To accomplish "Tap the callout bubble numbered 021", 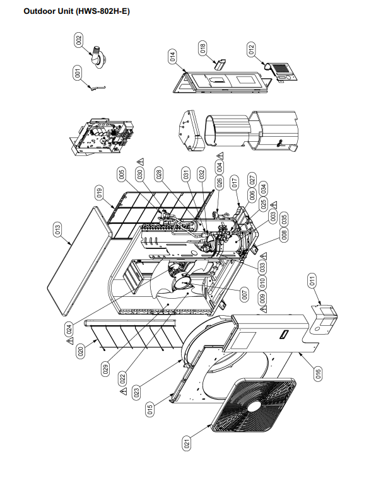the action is tap(187, 442).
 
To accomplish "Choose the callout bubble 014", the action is tap(172, 57).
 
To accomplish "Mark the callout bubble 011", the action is tap(312, 280).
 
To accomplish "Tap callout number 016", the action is tap(318, 373).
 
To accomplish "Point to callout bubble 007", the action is tap(245, 295).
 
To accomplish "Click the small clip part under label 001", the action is tap(97, 88).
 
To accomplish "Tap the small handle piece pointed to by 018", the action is tap(220, 64).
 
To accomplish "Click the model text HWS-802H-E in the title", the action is tap(103, 11).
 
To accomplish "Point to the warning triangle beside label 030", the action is tap(140, 161).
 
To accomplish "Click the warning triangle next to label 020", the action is tap(70, 340).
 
